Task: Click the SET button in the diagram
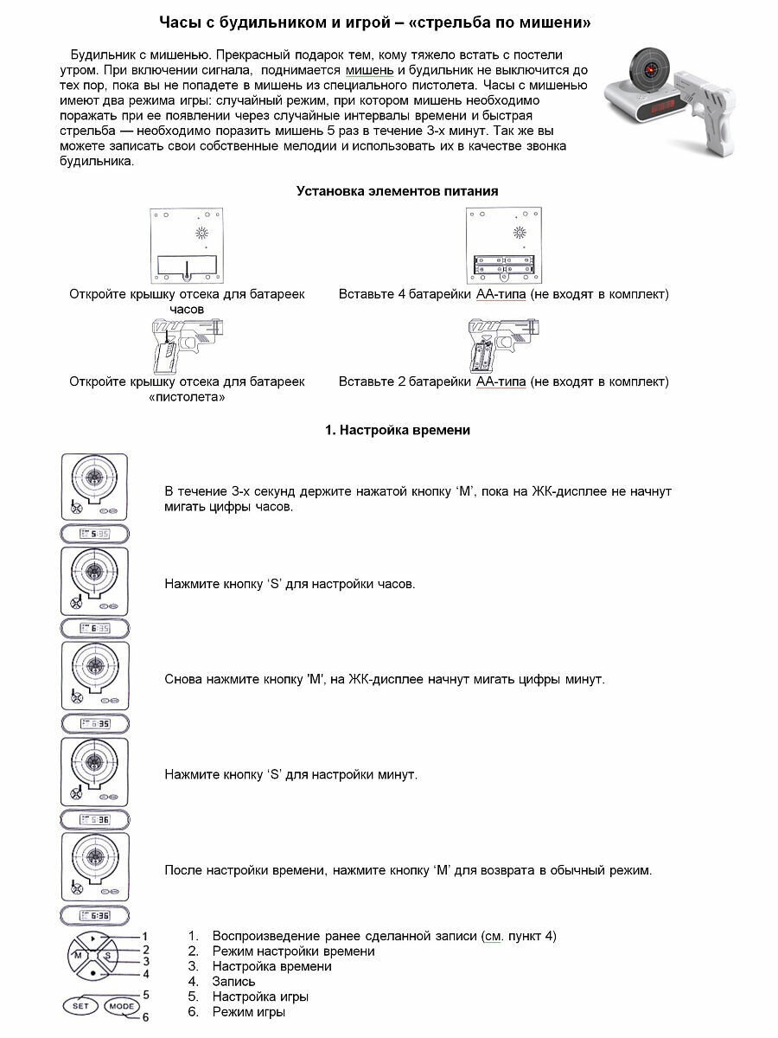[80, 1006]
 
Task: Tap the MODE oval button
[122, 1006]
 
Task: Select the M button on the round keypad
[78, 956]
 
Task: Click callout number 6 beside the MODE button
[146, 1018]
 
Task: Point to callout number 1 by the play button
[145, 936]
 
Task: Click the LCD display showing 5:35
[94, 534]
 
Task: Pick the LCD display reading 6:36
[94, 915]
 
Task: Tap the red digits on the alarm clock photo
[664, 107]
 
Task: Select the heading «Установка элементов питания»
[397, 191]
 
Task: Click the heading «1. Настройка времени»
[397, 430]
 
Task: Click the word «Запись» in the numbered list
[233, 982]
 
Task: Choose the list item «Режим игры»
[249, 1012]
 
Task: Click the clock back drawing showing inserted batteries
[502, 247]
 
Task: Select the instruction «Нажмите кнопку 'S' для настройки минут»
[290, 775]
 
